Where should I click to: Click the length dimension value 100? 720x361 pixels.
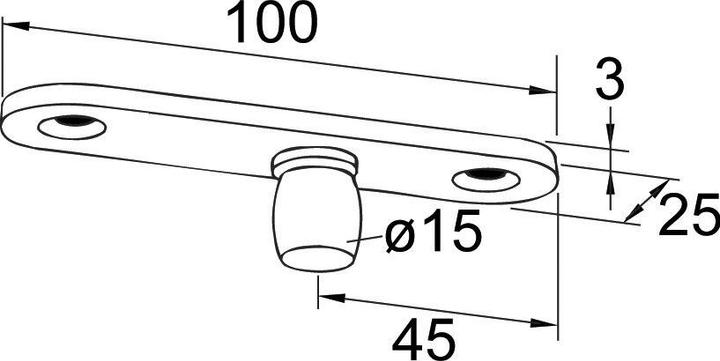(x=272, y=24)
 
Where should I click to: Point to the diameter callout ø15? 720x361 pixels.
(x=421, y=235)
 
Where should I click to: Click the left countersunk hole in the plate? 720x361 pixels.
(x=70, y=126)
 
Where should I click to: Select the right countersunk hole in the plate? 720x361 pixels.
(x=484, y=178)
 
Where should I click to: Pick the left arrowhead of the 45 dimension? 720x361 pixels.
(x=326, y=296)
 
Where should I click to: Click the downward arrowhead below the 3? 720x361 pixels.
(x=610, y=140)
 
